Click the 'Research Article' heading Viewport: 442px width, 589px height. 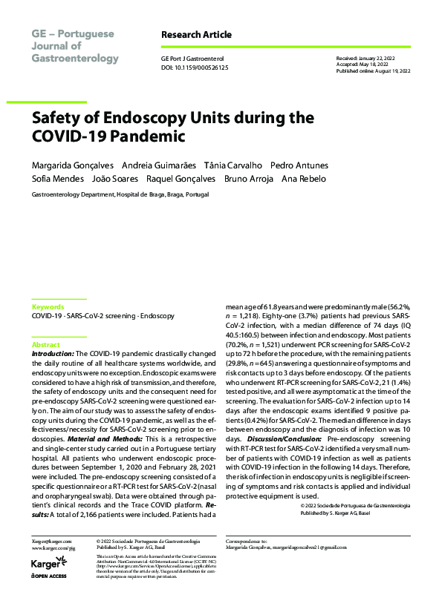[x=196, y=35]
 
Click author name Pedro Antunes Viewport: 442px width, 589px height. [x=299, y=165]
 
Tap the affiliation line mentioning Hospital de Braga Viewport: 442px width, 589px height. [x=120, y=194]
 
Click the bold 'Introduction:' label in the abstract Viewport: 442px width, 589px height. [x=53, y=355]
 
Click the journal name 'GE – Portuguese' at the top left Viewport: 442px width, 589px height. [x=73, y=35]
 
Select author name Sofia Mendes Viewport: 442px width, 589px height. [x=56, y=179]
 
